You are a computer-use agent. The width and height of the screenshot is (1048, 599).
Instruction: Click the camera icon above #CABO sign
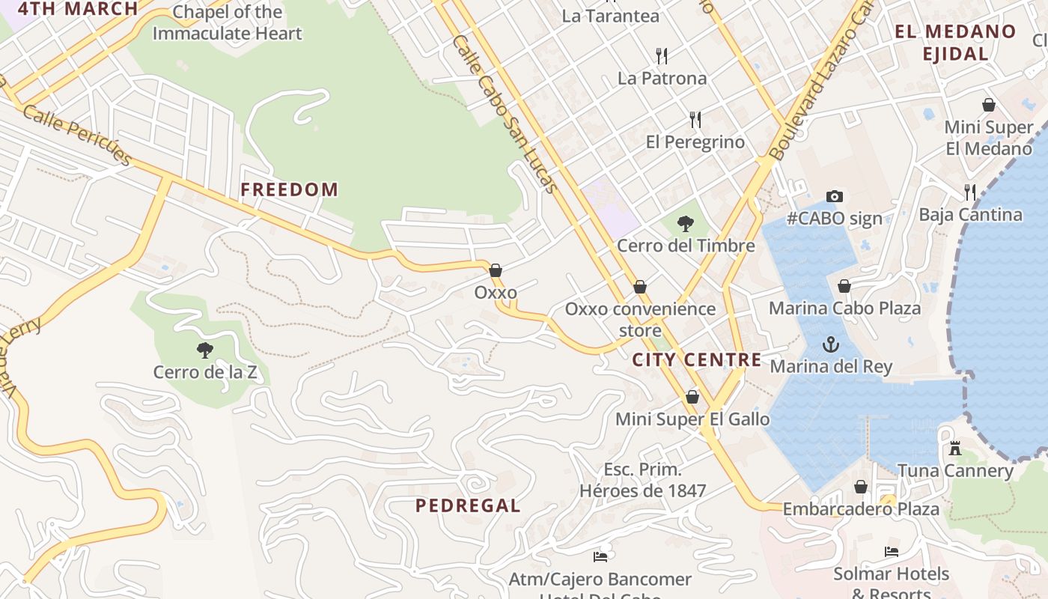coord(835,196)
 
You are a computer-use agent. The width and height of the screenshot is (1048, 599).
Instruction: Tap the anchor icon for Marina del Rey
coord(830,344)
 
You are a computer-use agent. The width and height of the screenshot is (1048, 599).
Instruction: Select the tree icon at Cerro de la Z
coord(204,350)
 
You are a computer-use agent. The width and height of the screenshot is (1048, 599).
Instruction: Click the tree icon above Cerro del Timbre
coord(684,223)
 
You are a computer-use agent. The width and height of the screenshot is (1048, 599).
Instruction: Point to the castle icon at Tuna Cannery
coord(954,449)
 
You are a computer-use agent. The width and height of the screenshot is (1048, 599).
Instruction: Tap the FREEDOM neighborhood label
coord(289,189)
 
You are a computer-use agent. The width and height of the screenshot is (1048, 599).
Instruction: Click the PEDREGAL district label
coord(468,505)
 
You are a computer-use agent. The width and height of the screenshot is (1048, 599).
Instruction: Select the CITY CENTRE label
coord(697,359)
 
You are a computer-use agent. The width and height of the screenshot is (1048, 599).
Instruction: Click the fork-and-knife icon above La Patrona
coord(661,55)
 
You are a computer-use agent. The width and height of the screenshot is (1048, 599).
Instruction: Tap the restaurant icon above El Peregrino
coord(695,119)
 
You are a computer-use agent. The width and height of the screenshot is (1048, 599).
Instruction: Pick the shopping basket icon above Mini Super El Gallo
coord(692,396)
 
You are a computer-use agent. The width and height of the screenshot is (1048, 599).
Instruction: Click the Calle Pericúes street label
coord(76,135)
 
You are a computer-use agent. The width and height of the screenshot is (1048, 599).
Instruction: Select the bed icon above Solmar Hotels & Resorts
coord(891,552)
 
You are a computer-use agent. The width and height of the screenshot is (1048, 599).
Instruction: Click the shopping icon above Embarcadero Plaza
coord(861,487)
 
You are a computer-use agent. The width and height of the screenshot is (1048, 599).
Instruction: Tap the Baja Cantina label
coord(970,215)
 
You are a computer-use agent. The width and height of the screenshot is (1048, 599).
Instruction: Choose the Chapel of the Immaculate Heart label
coord(227,22)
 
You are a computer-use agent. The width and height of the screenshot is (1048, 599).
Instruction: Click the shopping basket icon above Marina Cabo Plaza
coord(844,286)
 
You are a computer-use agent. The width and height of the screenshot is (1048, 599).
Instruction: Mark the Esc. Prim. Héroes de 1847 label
coord(643,480)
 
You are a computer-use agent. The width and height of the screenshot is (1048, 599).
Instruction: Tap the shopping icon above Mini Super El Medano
coord(988,105)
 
